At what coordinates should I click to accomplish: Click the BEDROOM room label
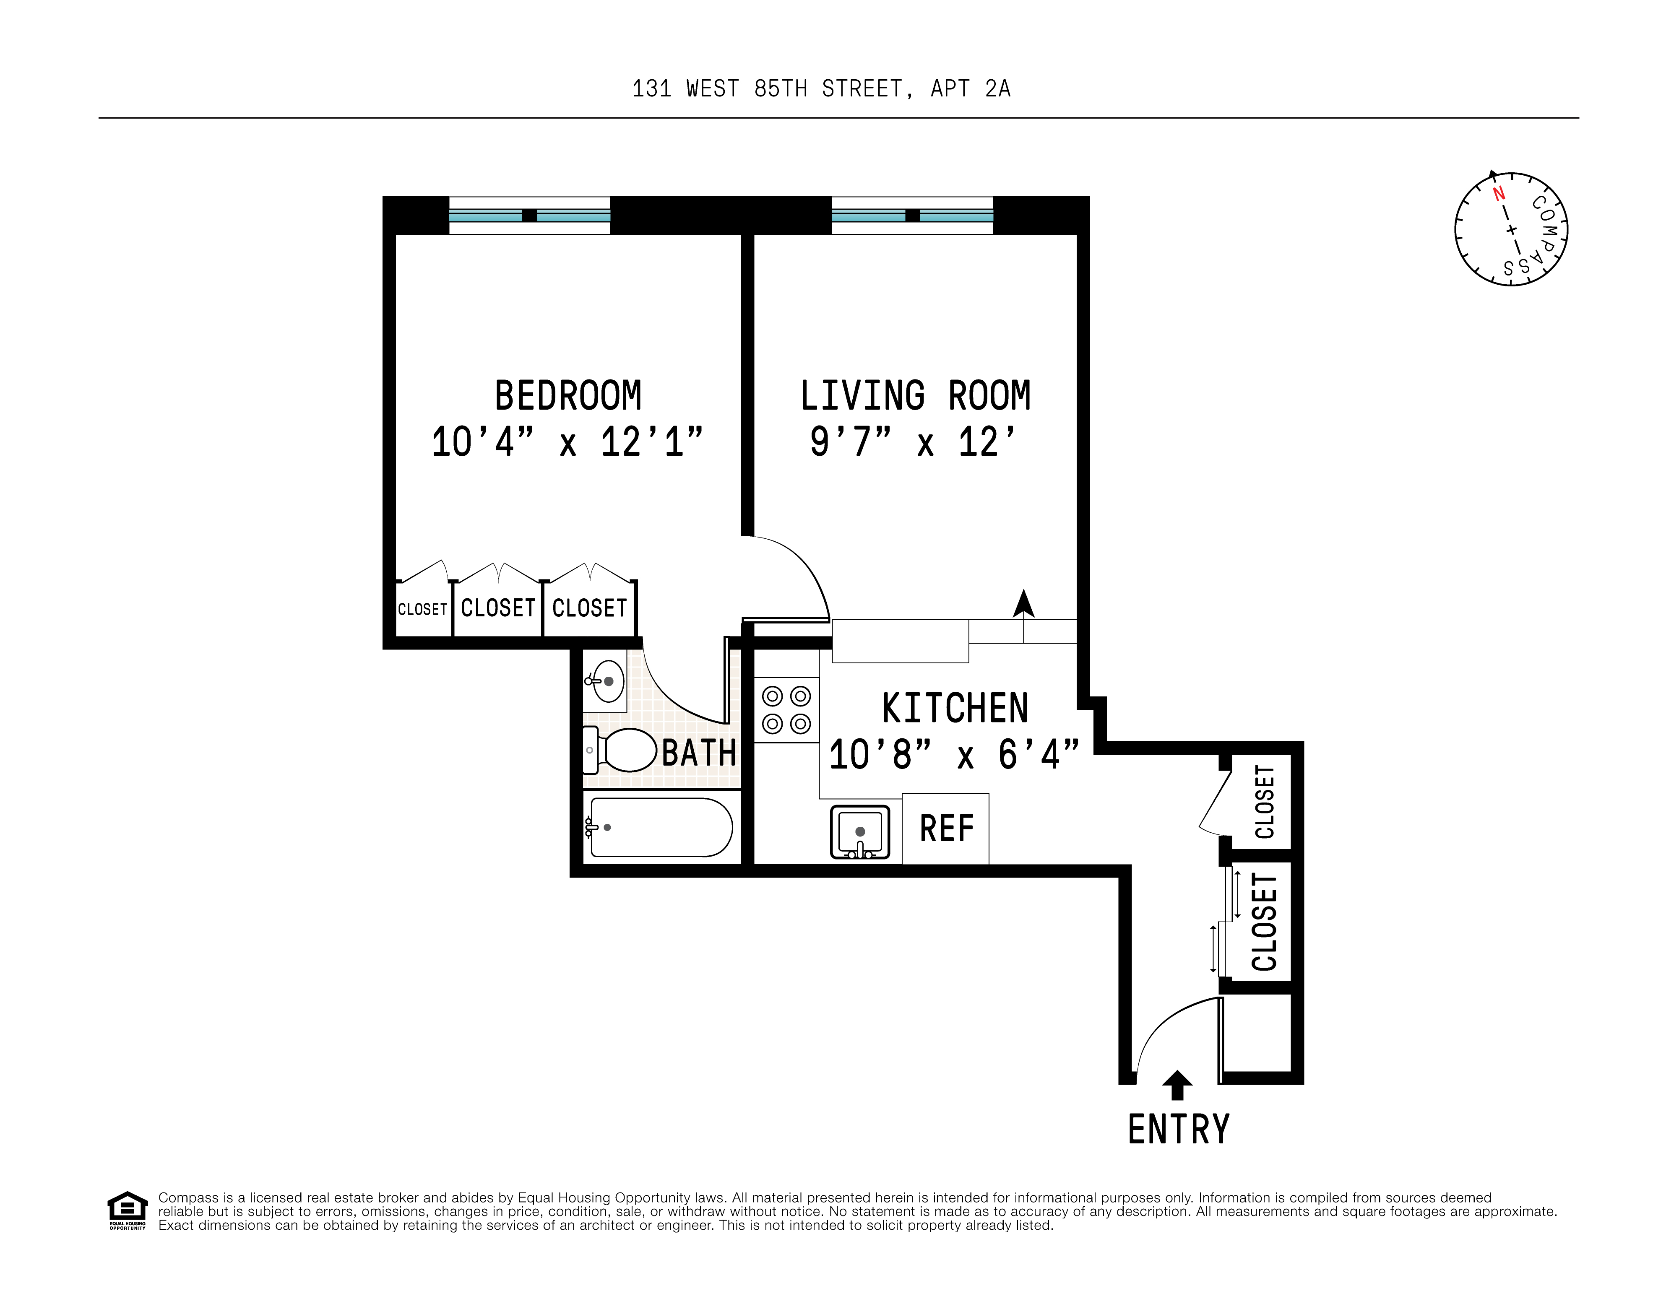pos(567,396)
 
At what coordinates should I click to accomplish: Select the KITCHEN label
pos(954,708)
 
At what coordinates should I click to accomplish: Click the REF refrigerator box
pos(945,829)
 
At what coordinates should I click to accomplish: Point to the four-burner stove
pos(786,709)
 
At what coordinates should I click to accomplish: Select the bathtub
pos(660,827)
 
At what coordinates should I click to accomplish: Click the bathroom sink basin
pos(607,681)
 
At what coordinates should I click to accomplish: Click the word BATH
pos(698,753)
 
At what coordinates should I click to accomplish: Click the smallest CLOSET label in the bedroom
pos(422,609)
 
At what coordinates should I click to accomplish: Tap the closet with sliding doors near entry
pos(1263,922)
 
